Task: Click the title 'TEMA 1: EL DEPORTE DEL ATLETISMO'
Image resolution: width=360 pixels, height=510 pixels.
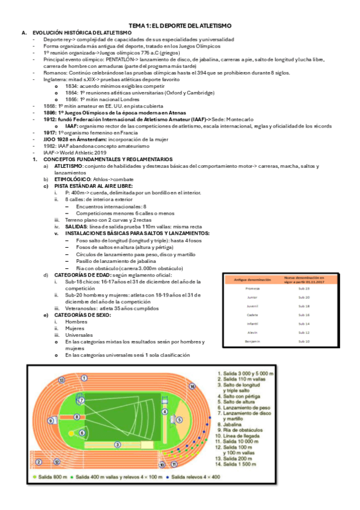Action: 180,25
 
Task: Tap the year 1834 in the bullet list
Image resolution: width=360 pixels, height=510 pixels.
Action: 72,86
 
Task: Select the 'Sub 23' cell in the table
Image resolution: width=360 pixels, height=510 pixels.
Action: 304,289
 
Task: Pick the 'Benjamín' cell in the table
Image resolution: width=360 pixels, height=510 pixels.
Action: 252,342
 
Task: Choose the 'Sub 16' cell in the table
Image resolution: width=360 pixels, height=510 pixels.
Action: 304,315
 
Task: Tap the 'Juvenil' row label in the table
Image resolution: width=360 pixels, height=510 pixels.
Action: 252,306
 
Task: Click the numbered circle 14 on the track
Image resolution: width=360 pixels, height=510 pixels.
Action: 192,387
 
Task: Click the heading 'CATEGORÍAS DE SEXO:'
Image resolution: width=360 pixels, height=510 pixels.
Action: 82,315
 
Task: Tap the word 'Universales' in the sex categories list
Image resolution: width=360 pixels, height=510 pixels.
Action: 79,335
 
